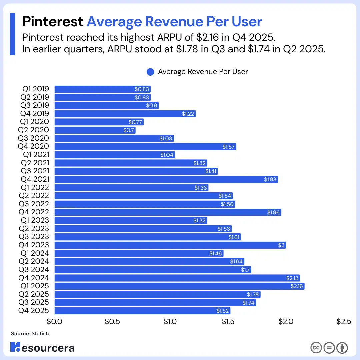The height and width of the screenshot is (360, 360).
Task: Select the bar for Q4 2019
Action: tap(125, 114)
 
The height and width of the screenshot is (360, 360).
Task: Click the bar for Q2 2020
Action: tap(95, 130)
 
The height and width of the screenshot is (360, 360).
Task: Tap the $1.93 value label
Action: tap(270, 179)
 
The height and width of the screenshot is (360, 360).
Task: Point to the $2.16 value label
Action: tap(297, 286)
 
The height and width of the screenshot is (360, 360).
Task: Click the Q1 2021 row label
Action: tap(36, 155)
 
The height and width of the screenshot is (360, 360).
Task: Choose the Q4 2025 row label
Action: tap(34, 311)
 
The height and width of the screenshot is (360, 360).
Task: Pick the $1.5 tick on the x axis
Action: tap(228, 321)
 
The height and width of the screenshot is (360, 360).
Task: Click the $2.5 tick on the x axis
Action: tap(344, 321)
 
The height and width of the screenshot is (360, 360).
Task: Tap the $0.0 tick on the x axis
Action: tap(54, 321)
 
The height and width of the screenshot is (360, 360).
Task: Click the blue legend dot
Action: tap(150, 72)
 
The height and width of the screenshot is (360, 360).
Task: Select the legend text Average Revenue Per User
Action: tap(203, 72)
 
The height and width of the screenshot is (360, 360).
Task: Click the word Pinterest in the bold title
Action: tap(53, 22)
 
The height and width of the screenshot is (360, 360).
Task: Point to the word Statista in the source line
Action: tap(41, 334)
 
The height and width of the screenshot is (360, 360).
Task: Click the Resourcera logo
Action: tap(42, 347)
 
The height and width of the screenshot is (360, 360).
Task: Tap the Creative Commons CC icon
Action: tap(316, 348)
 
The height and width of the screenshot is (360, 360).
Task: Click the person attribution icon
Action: tap(342, 348)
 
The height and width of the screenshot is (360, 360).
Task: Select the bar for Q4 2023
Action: tap(170, 245)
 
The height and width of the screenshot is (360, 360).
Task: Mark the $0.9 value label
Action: tap(152, 105)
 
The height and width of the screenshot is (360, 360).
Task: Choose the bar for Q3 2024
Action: tap(153, 270)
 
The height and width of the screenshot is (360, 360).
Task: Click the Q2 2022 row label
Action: tap(34, 196)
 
